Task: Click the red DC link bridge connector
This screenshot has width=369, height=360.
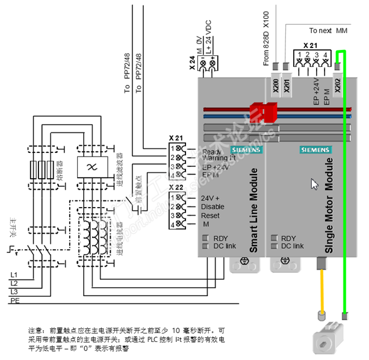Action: (263, 111)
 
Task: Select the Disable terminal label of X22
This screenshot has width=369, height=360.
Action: (213, 206)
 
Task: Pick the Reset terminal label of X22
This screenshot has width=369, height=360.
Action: (210, 216)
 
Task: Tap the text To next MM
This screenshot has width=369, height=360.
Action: (328, 29)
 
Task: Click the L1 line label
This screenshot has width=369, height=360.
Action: (14, 275)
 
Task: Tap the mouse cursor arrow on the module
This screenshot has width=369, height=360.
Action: (314, 184)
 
